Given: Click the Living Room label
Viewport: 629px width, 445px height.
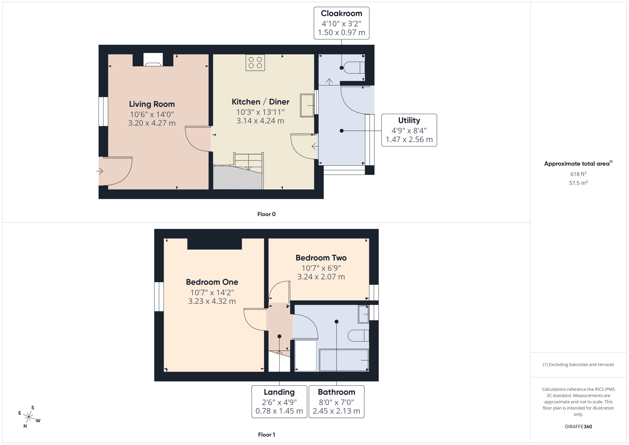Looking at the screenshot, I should tap(152, 104).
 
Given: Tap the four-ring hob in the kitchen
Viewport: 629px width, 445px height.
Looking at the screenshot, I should tap(255, 63).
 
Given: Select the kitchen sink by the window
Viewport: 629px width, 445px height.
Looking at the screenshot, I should tap(307, 105).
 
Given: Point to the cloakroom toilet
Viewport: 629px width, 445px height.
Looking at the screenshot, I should tap(354, 68).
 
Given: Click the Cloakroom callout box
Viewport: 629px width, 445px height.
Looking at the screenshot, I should tap(341, 23).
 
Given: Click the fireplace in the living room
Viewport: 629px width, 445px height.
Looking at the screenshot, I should tap(153, 60).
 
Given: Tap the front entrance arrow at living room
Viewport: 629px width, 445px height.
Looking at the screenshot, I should tap(100, 171).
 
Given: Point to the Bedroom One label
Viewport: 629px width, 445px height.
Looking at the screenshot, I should tap(212, 282).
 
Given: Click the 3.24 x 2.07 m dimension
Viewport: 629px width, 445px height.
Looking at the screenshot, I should tap(321, 277).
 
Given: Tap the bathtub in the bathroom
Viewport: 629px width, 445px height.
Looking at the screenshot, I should tap(344, 360).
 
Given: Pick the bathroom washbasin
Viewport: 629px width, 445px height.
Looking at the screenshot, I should tap(363, 314).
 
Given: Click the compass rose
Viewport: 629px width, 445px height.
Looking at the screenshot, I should tap(29, 417).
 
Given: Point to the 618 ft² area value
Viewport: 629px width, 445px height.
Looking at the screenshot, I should tap(578, 174).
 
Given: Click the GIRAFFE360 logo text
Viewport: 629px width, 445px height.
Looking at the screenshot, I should tap(578, 426).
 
